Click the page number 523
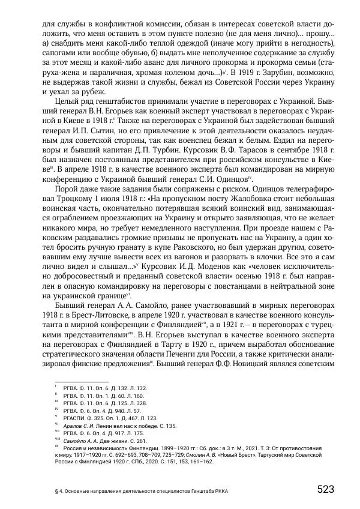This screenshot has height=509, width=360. pos(325,489)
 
